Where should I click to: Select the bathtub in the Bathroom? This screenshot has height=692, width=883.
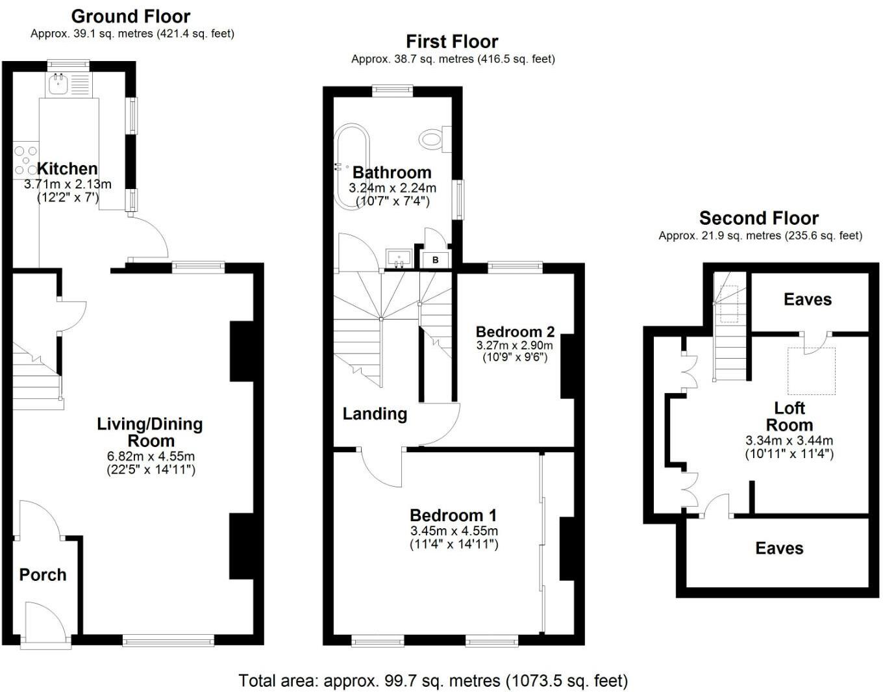coord(351,166)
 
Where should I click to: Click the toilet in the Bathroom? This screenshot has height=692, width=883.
coord(433,138)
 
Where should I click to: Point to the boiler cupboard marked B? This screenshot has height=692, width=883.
coord(436,259)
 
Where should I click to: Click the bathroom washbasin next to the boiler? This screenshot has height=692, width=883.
coord(399,258)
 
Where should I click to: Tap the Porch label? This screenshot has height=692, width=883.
coord(43,575)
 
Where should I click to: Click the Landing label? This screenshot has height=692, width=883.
coord(375,414)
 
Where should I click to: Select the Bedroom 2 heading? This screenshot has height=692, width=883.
coord(515,332)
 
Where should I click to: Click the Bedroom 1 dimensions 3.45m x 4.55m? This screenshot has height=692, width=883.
coord(454,531)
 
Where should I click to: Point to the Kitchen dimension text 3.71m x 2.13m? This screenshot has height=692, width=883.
coord(68,185)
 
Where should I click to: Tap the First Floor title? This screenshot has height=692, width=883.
coord(452,42)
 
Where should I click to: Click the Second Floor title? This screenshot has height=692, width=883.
coord(758,218)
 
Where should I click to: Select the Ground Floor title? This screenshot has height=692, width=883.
coord(131,16)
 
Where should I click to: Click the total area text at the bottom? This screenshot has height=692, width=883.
coord(433,680)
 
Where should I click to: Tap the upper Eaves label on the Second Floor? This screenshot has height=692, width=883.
coord(807,300)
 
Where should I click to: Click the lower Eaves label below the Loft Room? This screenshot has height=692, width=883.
coord(779,548)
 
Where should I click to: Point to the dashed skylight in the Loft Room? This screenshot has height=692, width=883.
coord(811,371)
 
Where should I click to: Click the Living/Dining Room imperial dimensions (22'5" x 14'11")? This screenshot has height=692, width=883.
coord(151,469)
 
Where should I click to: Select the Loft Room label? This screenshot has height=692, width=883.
coord(789,416)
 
